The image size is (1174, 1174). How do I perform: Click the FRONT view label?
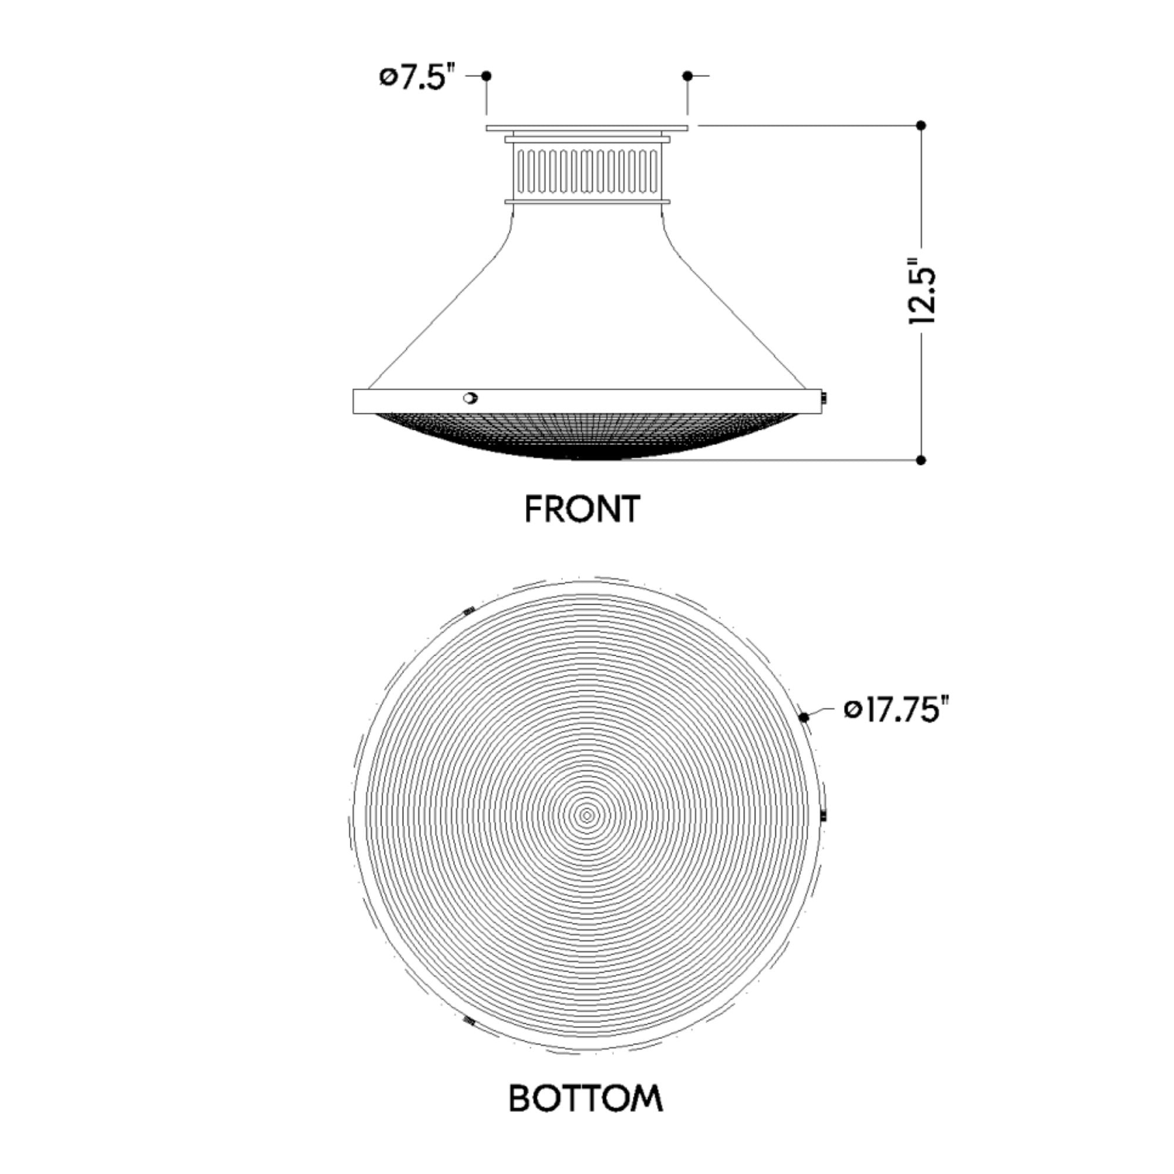click(582, 508)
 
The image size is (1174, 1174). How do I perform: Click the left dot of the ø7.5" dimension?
click(486, 76)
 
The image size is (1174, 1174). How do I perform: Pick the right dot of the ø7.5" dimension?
click(687, 76)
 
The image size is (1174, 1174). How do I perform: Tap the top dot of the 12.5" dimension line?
click(920, 126)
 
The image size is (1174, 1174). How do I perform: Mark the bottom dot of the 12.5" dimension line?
click(920, 460)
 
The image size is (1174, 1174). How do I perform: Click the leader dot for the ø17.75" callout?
click(804, 717)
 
